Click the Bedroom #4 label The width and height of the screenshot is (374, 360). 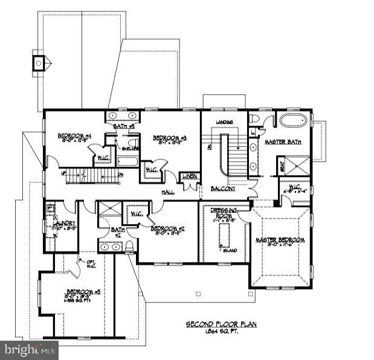74,135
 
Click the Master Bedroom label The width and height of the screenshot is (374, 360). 280,240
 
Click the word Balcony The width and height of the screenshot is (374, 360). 223,189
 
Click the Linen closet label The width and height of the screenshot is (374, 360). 189,176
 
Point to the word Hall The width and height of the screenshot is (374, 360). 168,191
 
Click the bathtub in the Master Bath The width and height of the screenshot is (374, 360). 292,120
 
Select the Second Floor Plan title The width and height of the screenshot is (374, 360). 221,324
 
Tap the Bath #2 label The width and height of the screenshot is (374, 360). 118,231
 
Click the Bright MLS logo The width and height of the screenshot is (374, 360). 29,349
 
